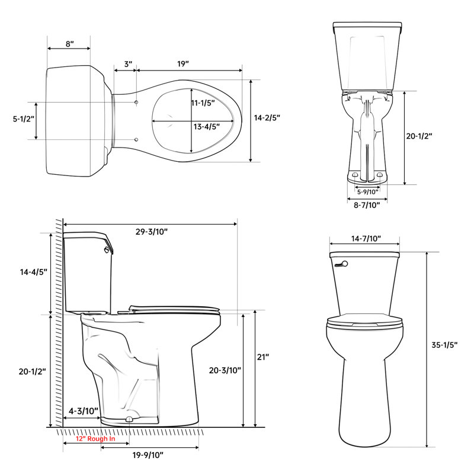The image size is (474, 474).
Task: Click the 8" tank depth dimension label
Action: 69,44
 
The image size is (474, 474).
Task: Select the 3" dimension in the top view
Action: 127,63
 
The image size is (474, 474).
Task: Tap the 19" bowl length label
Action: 182,63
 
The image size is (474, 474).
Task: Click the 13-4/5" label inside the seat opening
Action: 206,126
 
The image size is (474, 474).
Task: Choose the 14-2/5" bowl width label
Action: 267,118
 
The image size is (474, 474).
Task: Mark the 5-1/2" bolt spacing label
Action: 23,118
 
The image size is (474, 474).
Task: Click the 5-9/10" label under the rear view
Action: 367,191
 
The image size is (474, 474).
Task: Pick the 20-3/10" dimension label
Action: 225,370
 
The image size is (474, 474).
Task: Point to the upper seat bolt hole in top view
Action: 137,103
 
